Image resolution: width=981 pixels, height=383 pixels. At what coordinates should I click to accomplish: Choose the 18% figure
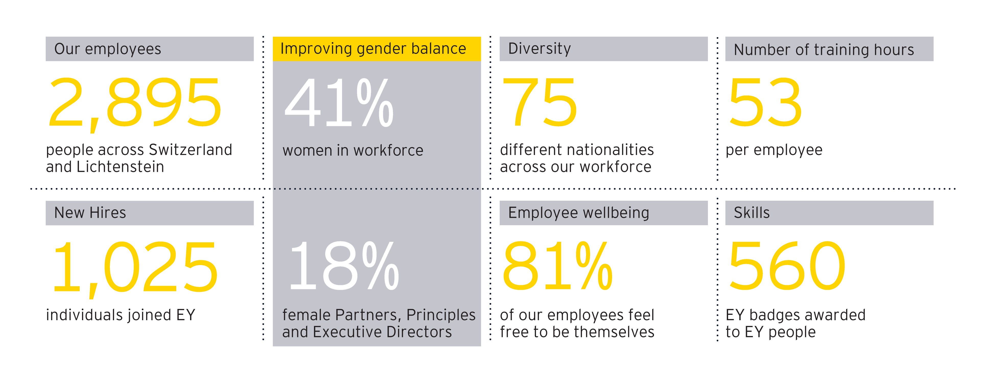(x=344, y=267)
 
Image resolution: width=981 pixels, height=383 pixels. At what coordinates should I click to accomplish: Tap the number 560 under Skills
(x=786, y=267)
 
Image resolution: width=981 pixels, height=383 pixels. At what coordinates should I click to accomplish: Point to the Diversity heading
(x=539, y=49)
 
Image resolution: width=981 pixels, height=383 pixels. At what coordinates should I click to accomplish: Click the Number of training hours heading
(x=824, y=50)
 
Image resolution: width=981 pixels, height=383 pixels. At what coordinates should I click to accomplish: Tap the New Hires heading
(x=90, y=213)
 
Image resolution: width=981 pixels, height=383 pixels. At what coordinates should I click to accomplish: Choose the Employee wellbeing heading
(x=578, y=213)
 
